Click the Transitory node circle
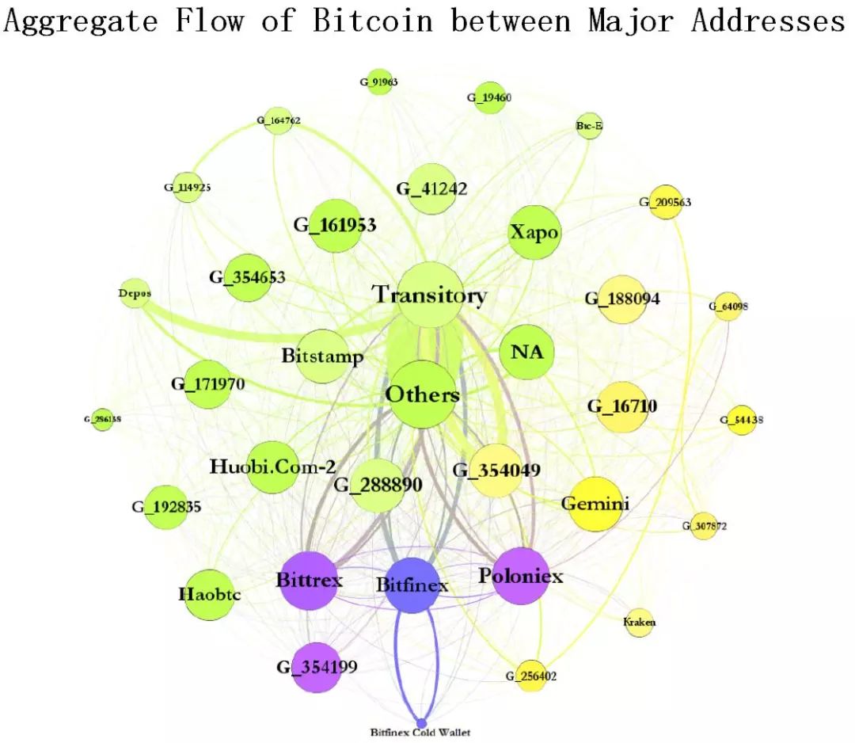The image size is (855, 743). click(x=430, y=295)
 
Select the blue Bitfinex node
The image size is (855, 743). click(x=412, y=585)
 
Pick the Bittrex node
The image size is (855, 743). click(x=310, y=581)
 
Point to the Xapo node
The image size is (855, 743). click(x=534, y=233)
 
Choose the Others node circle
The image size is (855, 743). click(x=422, y=394)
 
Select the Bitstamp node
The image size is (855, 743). click(x=322, y=356)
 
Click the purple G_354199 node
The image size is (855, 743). click(x=316, y=667)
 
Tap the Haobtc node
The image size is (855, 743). click(x=209, y=594)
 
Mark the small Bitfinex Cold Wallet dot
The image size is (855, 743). click(x=421, y=722)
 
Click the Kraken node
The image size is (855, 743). click(x=640, y=623)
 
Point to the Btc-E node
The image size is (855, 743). click(x=589, y=126)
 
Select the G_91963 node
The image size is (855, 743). click(x=379, y=82)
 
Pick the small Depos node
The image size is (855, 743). click(x=135, y=291)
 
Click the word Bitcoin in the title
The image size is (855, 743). click(x=373, y=20)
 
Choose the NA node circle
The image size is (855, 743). click(x=527, y=352)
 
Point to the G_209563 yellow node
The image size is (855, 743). click(x=665, y=203)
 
